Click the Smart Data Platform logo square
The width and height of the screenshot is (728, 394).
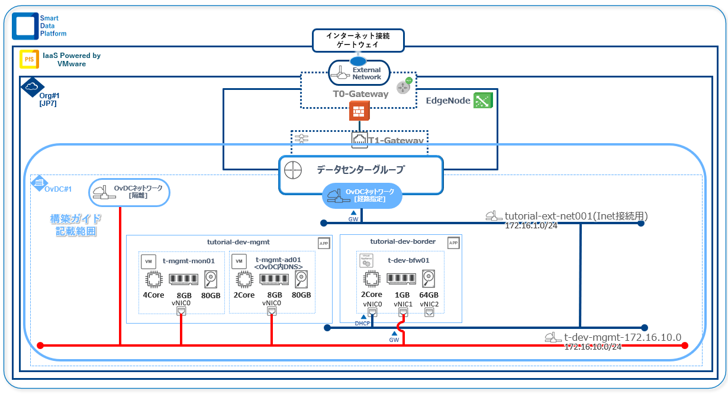coord(25,26)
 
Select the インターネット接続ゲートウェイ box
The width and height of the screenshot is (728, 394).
coord(358,40)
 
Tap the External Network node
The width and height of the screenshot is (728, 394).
coord(359,73)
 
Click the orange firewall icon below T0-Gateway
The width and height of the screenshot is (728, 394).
coord(359,111)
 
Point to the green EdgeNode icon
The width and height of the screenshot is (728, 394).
coord(483,101)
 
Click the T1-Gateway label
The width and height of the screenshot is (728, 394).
coord(396,140)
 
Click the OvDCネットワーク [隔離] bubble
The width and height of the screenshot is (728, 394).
coord(130,192)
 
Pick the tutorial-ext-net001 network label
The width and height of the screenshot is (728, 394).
coord(576,217)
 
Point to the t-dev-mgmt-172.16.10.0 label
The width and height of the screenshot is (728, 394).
coord(622,337)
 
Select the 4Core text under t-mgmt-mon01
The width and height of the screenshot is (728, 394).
coord(153,295)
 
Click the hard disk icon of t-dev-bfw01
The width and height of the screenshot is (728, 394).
coord(429,278)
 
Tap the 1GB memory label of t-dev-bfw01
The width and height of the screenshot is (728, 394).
coord(402,295)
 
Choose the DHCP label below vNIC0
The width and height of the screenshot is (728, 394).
coord(362,324)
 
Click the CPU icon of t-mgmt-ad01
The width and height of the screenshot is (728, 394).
coord(243,279)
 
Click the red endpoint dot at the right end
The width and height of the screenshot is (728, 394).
coord(685,345)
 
